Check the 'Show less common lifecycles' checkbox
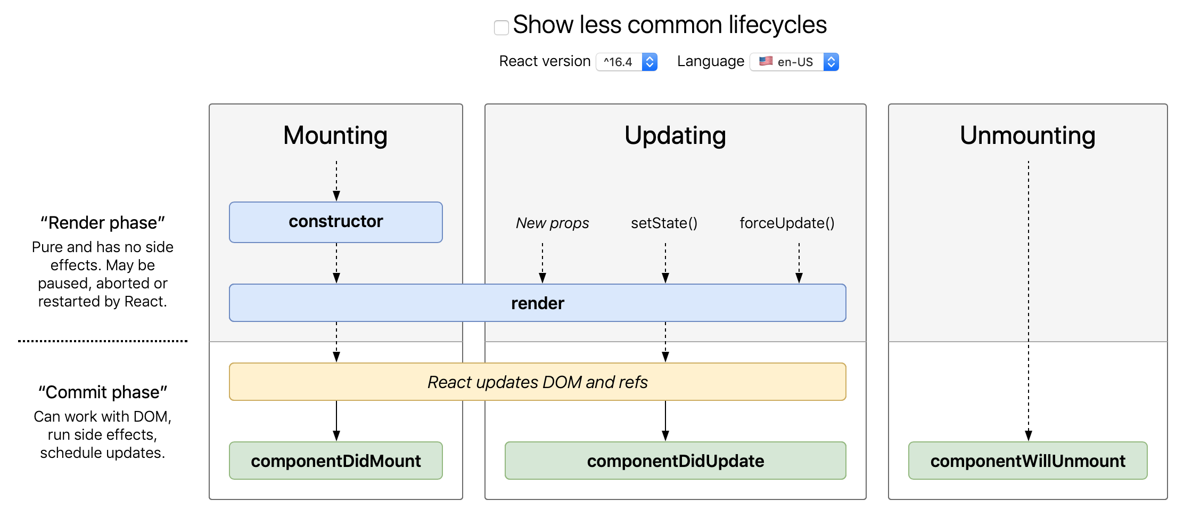[501, 27]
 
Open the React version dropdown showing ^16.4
[627, 62]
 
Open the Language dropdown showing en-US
[794, 62]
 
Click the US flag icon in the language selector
[766, 61]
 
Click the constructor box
[335, 222]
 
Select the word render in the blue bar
[537, 303]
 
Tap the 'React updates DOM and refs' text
[537, 382]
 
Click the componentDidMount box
[335, 461]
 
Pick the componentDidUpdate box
[675, 461]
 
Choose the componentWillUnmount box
[1027, 461]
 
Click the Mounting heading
[335, 135]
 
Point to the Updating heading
[675, 135]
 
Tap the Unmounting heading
[1027, 135]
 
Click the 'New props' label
[552, 223]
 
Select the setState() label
[664, 223]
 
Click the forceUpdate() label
[787, 223]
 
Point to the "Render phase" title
[103, 223]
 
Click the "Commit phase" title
[103, 392]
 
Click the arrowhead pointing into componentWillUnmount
[1029, 436]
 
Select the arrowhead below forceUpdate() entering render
[799, 278]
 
